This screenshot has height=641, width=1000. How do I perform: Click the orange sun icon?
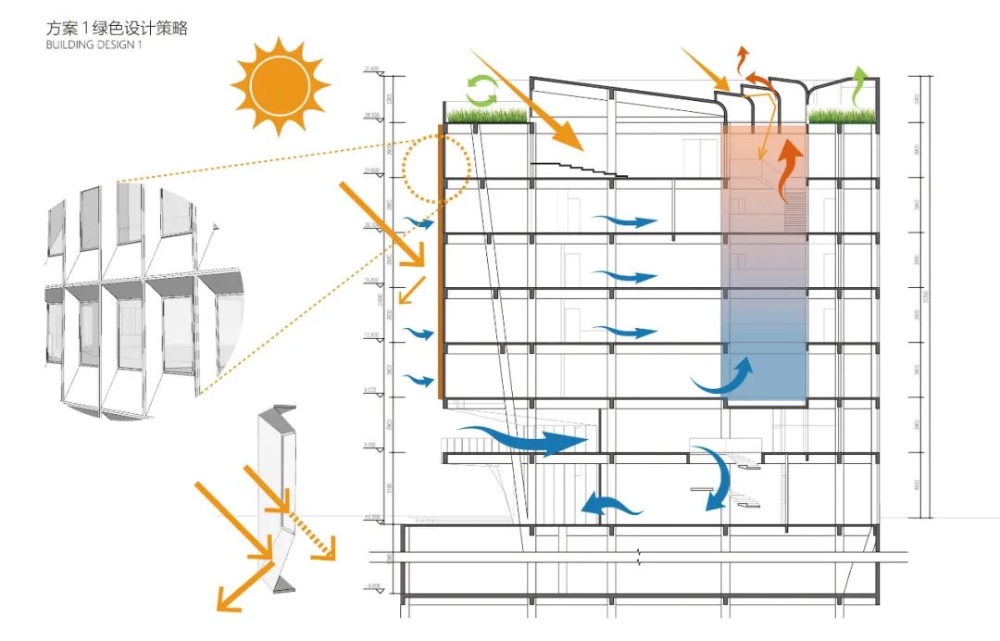pyautogui.click(x=280, y=86)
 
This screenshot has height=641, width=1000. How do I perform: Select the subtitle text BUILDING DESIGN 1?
pyautogui.click(x=94, y=46)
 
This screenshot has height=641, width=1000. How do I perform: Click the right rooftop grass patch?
pyautogui.click(x=843, y=115)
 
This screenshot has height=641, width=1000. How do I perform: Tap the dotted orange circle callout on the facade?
pyautogui.click(x=438, y=168)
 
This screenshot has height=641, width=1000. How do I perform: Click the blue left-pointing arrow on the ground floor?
pyautogui.click(x=610, y=504)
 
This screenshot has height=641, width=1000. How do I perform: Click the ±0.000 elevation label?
pyautogui.click(x=374, y=517)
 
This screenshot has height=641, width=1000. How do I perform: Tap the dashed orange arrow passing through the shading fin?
pyautogui.click(x=307, y=534)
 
